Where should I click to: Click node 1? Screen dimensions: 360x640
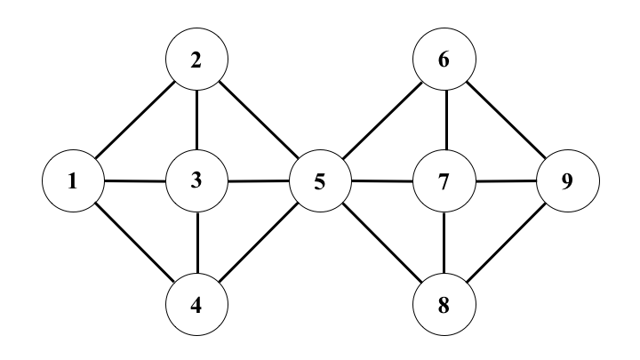74,182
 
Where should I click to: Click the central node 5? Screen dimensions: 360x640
320,183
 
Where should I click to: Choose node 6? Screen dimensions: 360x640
444,60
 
